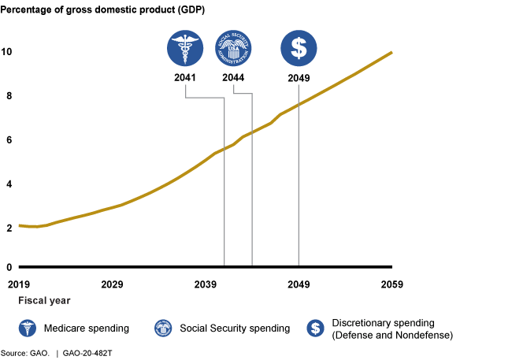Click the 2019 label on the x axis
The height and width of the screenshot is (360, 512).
(x=20, y=284)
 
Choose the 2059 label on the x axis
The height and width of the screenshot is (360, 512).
(x=391, y=284)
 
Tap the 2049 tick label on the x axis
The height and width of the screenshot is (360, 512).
(x=299, y=284)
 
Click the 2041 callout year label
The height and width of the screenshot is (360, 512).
(x=186, y=78)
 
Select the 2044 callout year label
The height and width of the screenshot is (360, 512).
(x=232, y=78)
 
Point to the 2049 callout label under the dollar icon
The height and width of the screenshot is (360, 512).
(x=299, y=78)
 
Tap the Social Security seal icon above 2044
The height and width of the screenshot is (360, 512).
(x=232, y=49)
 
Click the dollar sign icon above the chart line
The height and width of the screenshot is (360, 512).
(x=299, y=49)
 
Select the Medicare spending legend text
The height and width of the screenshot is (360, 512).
(x=87, y=328)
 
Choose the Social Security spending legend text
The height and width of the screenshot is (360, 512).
(x=235, y=328)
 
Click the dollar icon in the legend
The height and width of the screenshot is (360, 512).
(x=317, y=328)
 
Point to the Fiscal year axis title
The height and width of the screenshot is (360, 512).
(x=45, y=300)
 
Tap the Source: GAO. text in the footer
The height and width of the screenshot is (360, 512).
(x=24, y=354)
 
